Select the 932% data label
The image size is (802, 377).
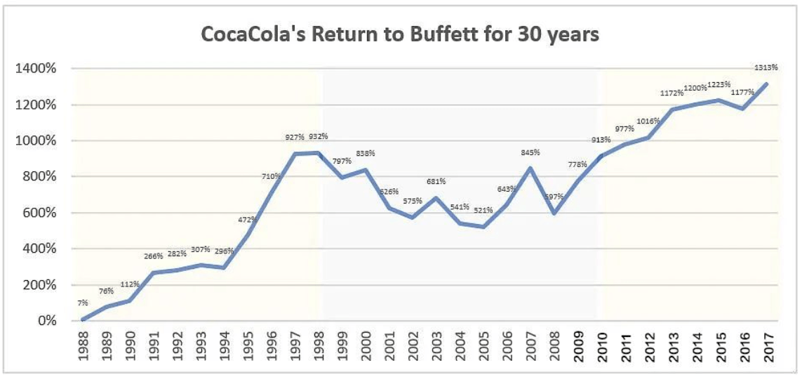319,136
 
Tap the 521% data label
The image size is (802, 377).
483,209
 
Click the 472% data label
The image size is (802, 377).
248,220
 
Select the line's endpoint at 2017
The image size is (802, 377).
768,84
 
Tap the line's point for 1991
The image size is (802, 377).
154,272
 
